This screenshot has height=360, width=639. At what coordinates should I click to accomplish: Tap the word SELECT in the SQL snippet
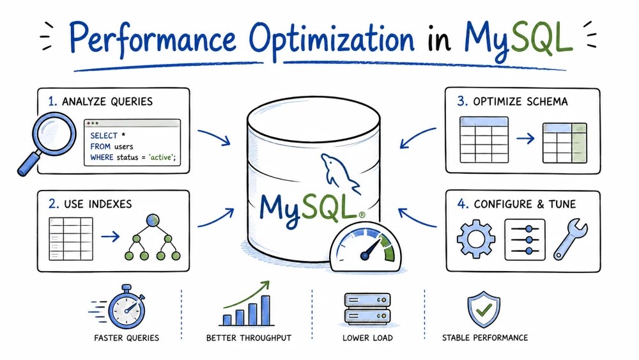(104, 136)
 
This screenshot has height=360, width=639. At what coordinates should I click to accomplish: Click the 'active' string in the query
(161, 157)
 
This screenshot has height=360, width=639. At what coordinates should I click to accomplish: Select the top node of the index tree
(153, 221)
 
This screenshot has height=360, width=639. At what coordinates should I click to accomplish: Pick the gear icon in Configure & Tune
(475, 239)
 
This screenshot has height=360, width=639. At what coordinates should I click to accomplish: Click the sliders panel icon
(525, 240)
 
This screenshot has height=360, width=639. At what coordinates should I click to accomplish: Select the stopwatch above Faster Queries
(126, 308)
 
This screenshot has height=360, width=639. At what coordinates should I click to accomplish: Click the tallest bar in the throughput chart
(266, 310)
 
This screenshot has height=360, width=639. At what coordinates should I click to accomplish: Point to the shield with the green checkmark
(484, 309)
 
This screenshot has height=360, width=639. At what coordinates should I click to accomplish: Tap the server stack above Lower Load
(367, 309)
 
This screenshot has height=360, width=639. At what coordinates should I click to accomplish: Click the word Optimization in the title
(331, 40)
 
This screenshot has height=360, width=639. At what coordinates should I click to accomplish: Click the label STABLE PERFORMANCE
(485, 338)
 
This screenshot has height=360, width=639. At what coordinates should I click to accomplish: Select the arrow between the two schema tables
(525, 139)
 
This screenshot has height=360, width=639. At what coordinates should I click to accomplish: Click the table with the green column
(565, 143)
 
